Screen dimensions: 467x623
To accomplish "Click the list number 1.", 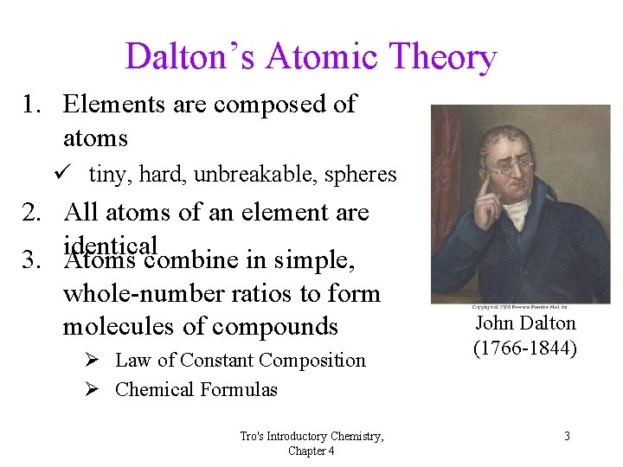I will point(35,105).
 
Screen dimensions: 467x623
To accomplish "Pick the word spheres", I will point(360,175).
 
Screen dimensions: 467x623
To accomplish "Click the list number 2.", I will point(35,212).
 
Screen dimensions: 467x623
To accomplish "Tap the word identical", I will point(110,245).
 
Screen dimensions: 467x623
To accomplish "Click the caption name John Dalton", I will point(525,323).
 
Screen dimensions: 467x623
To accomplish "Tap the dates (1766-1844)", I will point(525,349).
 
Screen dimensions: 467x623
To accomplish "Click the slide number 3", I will point(567,436).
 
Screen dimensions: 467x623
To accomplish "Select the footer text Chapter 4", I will point(311,451).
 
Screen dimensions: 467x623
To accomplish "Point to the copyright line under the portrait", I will point(520,307).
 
